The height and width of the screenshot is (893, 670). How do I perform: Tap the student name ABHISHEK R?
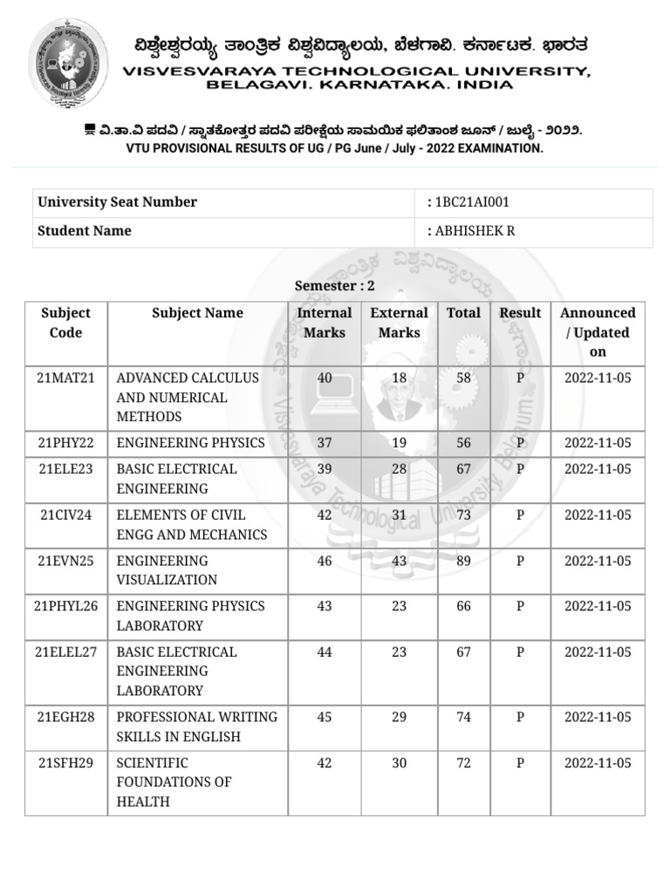468,231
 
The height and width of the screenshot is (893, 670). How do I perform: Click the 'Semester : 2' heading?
334,286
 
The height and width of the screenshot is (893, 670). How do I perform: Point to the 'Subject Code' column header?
65,323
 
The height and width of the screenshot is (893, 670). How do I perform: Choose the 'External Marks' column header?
399,323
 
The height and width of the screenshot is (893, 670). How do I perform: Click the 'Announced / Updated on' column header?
598,332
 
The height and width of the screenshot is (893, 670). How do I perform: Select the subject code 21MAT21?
66,378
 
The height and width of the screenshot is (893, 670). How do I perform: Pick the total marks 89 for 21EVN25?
463,561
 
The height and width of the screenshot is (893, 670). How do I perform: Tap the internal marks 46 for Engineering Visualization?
325,561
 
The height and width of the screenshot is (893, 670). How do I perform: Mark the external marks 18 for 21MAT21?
399,378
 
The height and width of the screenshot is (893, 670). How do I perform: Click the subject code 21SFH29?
66,763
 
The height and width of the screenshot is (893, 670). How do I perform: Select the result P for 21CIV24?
520,515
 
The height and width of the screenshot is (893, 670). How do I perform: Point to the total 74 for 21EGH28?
463,717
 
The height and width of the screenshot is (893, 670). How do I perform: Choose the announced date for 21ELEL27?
598,652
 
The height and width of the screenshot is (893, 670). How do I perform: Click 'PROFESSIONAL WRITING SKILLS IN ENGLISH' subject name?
197,726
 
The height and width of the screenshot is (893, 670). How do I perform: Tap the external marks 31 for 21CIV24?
399,515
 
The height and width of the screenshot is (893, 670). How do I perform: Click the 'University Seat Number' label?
117,202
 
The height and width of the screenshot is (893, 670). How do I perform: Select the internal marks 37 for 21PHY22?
325,443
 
